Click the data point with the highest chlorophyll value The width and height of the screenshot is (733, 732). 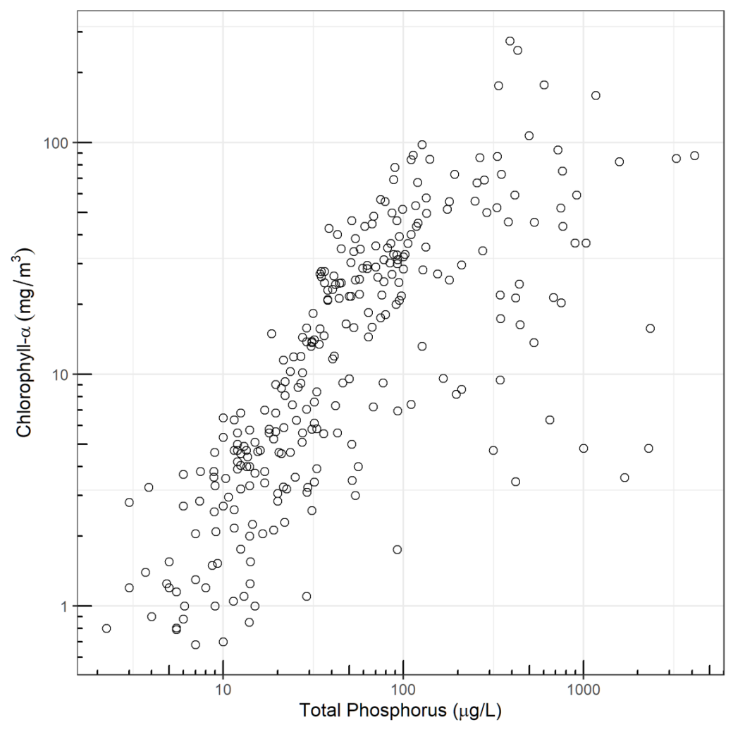(x=510, y=41)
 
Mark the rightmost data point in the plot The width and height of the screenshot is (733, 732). (x=694, y=155)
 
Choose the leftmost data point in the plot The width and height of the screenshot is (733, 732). (x=106, y=628)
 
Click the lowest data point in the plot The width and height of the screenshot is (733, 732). (x=195, y=645)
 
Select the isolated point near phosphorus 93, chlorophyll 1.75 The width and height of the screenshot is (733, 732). (x=398, y=549)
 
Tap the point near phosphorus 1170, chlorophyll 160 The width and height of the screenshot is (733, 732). (x=596, y=95)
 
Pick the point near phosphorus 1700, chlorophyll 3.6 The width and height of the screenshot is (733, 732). (x=624, y=477)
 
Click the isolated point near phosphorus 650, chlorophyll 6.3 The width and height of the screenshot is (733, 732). (x=550, y=420)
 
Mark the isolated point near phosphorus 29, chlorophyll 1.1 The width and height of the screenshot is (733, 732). (x=307, y=596)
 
